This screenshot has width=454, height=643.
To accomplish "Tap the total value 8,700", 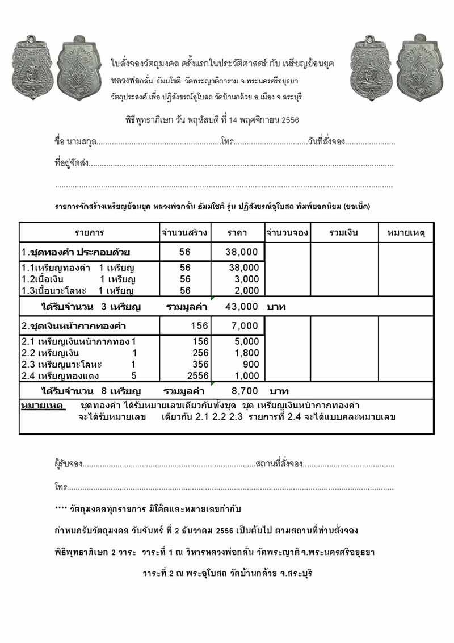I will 245,391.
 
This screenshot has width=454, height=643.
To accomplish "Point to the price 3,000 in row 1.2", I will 247,279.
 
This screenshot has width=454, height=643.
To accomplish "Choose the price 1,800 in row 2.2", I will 247,353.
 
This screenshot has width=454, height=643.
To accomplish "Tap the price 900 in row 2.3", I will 251,364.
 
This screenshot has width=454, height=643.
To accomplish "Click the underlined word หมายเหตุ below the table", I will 42,406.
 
